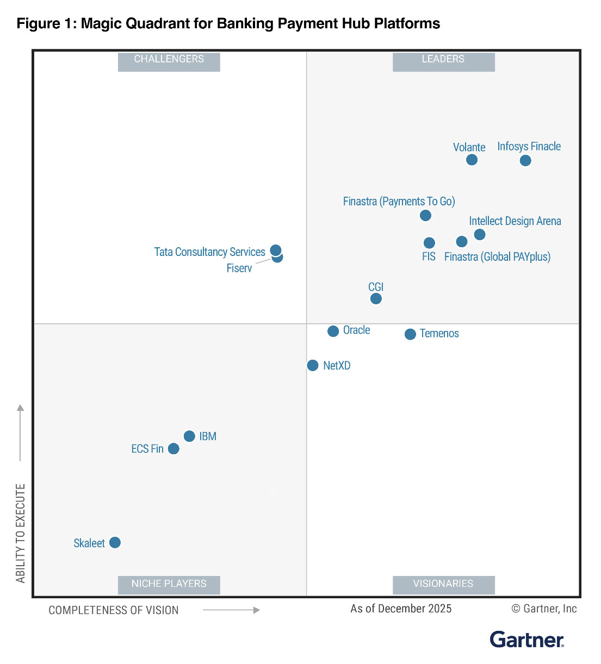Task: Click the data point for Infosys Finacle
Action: coord(525,160)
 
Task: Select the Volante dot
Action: coord(472,160)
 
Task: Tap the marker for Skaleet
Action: coord(115,542)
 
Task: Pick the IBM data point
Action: coord(189,436)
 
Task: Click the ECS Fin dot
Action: coord(174,448)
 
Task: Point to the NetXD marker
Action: coord(313,365)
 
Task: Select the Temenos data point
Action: coord(411,334)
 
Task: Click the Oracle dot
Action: coord(333,331)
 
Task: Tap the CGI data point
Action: coord(376,298)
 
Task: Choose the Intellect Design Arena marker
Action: coord(480,234)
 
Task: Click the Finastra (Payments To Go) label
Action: coord(399,202)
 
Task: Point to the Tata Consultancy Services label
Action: coord(209,252)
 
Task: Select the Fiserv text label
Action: coord(239,268)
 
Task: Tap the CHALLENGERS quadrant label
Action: coord(169,59)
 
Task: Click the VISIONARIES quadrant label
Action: coord(443,584)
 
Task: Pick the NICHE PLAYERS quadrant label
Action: coord(169,584)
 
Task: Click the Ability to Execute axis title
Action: coord(21,533)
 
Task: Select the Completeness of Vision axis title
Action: coord(114,610)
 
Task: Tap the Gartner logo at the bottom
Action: coord(526,640)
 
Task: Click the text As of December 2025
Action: coord(401,609)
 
